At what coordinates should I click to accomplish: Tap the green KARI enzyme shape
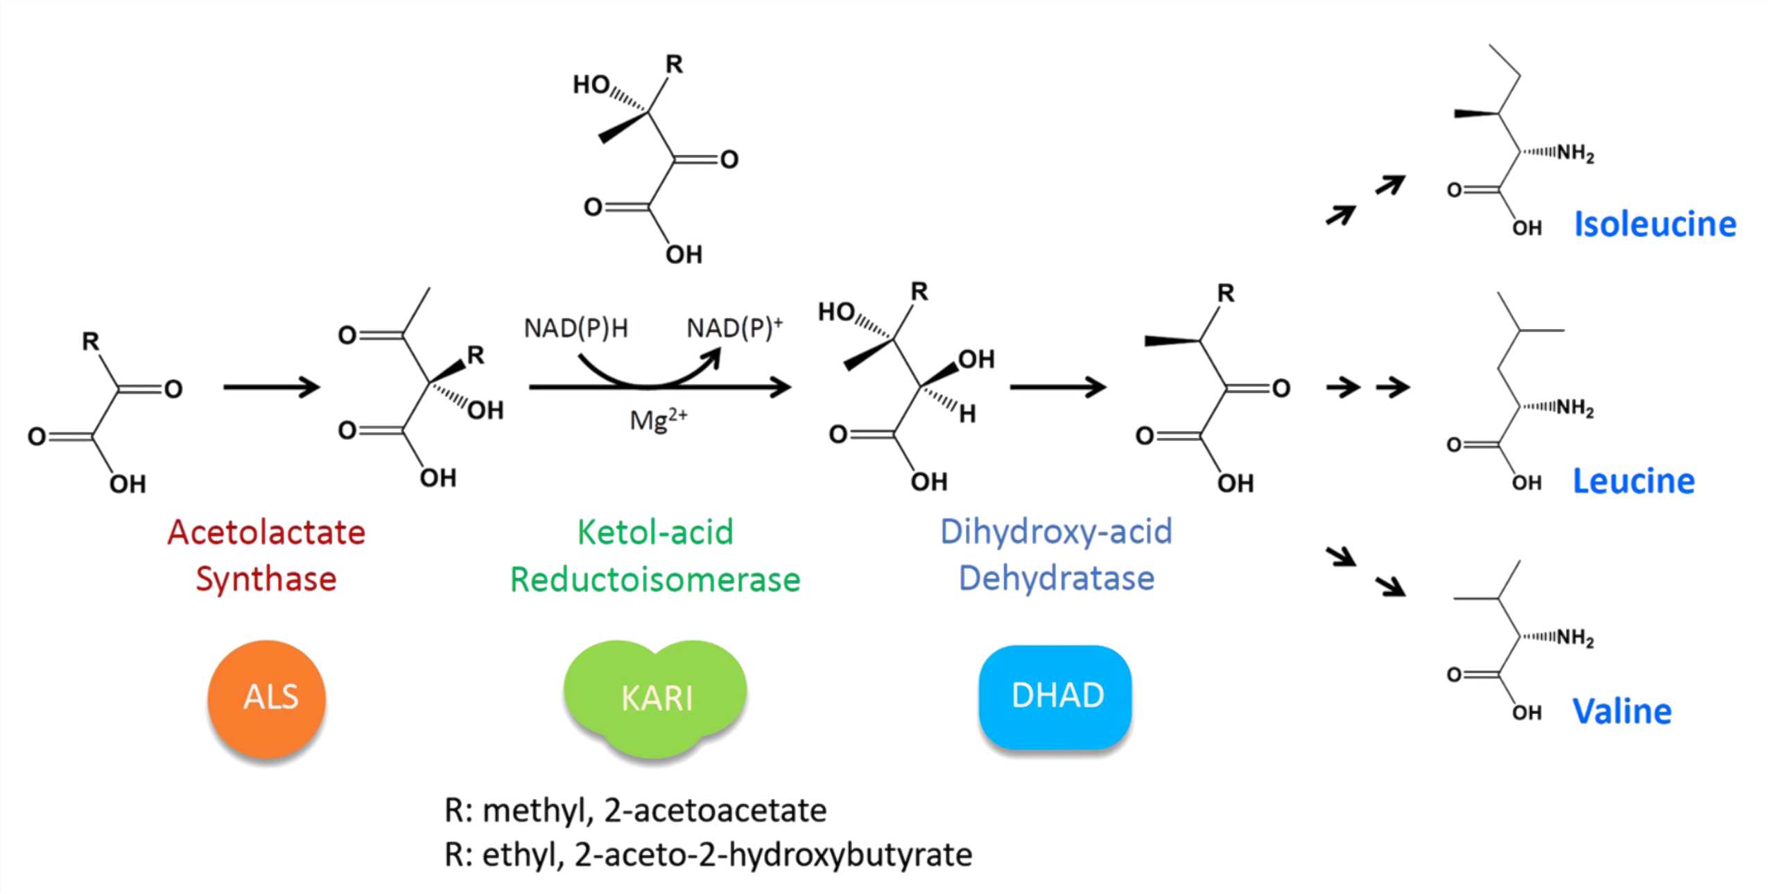(655, 697)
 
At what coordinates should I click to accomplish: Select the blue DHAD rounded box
(1056, 696)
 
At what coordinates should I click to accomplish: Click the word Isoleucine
(1654, 225)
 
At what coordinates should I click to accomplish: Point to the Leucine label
(1633, 481)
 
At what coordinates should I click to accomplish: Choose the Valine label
(1622, 712)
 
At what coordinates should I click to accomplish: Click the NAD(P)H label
(575, 328)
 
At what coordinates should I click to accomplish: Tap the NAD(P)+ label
(734, 327)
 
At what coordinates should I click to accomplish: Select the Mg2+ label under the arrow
(658, 419)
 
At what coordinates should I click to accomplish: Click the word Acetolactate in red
(266, 533)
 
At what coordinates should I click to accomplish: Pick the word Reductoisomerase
(655, 579)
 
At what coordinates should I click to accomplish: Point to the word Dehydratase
(1056, 578)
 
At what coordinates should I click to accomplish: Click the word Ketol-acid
(655, 532)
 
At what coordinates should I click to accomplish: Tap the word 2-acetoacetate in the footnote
(715, 810)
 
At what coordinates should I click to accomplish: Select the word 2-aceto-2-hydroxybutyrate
(773, 854)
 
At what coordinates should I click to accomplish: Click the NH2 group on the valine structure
(1575, 638)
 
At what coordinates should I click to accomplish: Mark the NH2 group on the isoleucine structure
(1575, 153)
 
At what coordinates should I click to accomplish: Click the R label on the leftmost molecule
(91, 341)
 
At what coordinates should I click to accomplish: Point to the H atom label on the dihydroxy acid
(967, 414)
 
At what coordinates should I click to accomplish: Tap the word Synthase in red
(266, 579)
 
